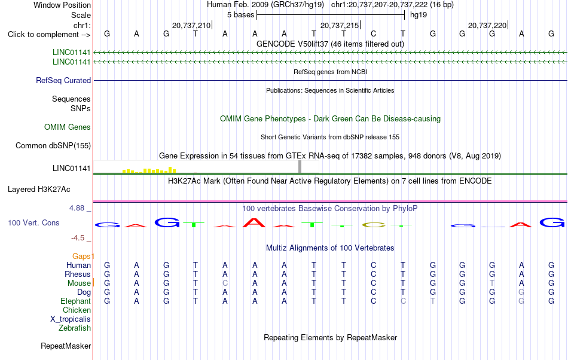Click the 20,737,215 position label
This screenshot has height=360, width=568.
coord(340,25)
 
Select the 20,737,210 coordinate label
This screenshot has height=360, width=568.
coord(191,25)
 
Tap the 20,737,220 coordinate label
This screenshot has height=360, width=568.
coord(487,25)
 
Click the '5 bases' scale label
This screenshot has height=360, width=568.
coord(240,15)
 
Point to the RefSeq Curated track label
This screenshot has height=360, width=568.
coord(63,80)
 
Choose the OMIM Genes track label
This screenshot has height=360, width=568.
coord(68,127)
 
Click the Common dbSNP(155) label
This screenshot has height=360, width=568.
coord(53,145)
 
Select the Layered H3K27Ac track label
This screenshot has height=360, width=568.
coord(39,190)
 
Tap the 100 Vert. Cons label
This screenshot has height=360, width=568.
coord(33,222)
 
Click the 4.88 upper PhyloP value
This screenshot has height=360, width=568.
coord(77,208)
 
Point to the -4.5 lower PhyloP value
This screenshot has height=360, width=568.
coord(78,238)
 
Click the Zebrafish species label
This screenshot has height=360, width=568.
coord(75,328)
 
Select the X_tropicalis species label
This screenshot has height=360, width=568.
coord(71,319)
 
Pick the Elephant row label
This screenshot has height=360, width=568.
coord(76,301)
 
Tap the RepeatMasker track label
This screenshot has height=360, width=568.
coord(66,346)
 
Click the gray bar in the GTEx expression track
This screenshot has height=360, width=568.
coord(300,167)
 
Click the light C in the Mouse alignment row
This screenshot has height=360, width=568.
coord(225,283)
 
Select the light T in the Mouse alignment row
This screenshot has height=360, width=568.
coord(492,283)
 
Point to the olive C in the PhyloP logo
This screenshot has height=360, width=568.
coord(374,225)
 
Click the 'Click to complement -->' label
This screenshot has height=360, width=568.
coord(49,35)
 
